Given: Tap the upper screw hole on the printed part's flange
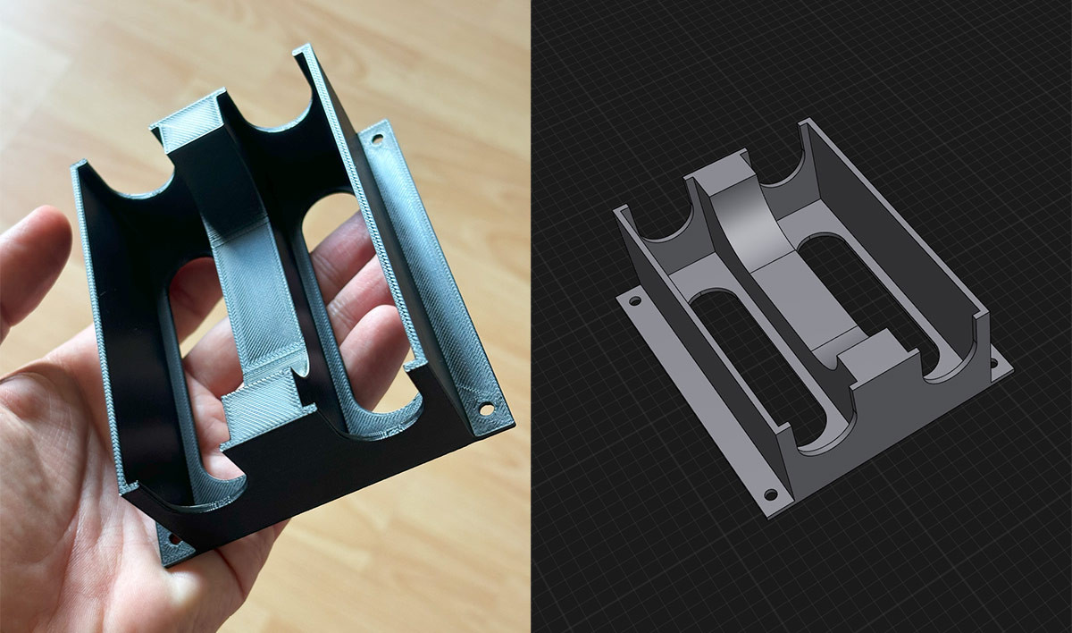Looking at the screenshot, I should (x=377, y=140).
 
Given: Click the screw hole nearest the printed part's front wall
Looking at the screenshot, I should (x=487, y=409).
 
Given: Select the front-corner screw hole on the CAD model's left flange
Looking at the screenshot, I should (x=771, y=494).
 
